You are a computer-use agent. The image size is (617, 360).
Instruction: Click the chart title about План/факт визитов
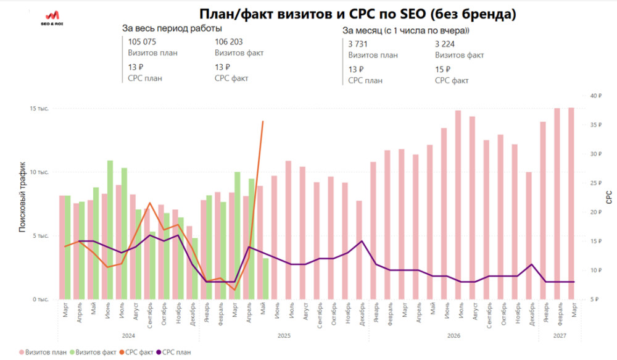(x=357, y=14)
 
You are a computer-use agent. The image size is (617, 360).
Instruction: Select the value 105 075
(x=143, y=42)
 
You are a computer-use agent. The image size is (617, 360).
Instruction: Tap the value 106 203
(x=229, y=42)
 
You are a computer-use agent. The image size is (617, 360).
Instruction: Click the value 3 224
(x=447, y=44)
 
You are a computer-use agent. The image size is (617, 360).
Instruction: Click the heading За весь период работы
(x=172, y=28)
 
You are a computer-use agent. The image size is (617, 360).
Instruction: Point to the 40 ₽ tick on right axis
(x=595, y=96)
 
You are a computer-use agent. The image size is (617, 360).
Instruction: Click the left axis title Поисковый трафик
(x=22, y=197)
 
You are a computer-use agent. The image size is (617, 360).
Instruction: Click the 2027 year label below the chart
(x=558, y=335)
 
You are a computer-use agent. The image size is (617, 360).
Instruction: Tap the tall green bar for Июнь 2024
(x=110, y=230)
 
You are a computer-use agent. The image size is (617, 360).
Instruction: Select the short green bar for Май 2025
(x=266, y=278)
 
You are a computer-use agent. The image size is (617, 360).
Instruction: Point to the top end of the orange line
(x=263, y=122)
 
